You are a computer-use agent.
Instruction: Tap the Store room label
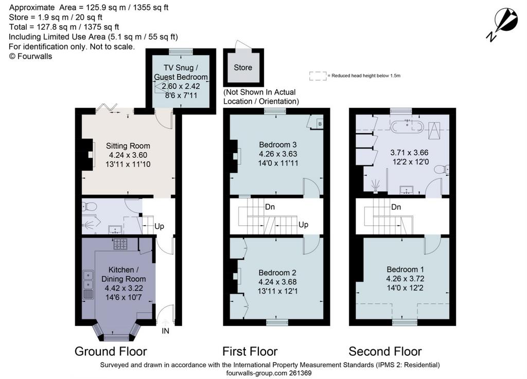[243, 67]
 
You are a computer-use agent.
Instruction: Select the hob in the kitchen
[120, 244]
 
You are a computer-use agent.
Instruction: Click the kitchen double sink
[89, 280]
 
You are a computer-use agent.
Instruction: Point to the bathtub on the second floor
[407, 126]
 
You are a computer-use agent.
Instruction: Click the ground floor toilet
[90, 206]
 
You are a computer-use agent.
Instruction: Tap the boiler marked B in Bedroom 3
[320, 124]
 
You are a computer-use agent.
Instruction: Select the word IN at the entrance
[165, 331]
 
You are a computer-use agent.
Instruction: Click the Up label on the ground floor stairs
[160, 226]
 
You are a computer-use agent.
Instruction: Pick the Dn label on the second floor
[396, 207]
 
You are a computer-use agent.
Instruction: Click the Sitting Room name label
[128, 146]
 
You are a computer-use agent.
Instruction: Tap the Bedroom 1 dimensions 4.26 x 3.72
[405, 279]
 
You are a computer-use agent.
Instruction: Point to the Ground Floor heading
[111, 351]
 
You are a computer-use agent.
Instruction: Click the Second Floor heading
[385, 351]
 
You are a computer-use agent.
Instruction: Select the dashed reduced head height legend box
[318, 76]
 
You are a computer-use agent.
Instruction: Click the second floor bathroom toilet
[442, 170]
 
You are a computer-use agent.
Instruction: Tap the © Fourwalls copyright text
[30, 57]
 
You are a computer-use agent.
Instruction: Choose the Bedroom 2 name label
[277, 273]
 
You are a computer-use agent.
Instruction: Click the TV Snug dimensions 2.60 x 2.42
[181, 86]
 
